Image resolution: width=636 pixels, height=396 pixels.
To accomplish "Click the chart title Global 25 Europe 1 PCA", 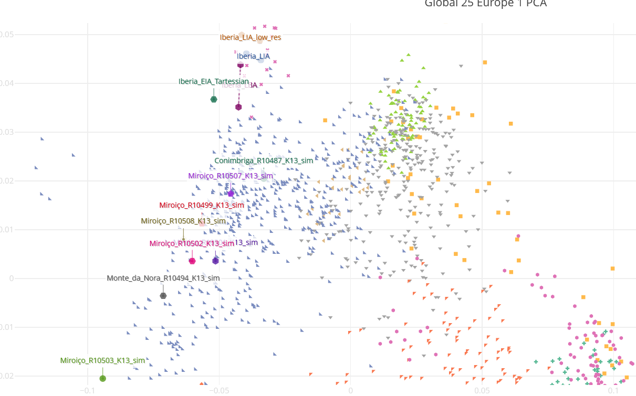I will [485, 4].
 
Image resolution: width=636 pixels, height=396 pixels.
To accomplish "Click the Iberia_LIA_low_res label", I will [250, 37].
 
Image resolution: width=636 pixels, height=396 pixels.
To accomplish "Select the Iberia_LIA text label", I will [253, 56].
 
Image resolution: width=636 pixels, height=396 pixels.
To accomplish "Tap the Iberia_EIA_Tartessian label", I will [213, 81].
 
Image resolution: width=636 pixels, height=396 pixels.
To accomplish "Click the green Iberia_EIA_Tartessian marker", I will [214, 100].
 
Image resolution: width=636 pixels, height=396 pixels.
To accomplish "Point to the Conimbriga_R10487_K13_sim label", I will [264, 160].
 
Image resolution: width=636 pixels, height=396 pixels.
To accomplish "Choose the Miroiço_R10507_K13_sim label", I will [231, 176].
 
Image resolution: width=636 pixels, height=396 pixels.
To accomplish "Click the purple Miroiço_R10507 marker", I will [231, 194].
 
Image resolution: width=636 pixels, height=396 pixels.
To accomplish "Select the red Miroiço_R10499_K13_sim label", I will [202, 205].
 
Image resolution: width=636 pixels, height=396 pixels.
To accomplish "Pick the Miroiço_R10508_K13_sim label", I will [183, 221].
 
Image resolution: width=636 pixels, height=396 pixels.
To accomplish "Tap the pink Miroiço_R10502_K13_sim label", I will [192, 243].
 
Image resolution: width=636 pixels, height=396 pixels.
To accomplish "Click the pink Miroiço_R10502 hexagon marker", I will [192, 261].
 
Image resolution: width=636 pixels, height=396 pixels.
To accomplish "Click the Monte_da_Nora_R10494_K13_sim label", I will [163, 278].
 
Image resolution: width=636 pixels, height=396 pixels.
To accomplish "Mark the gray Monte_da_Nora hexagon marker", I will [163, 296].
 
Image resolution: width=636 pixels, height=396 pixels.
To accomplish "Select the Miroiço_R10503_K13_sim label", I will [102, 360].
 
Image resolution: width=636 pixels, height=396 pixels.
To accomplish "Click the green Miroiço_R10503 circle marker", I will [102, 378].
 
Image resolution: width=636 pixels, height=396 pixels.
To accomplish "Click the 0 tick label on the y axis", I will [11, 279].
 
